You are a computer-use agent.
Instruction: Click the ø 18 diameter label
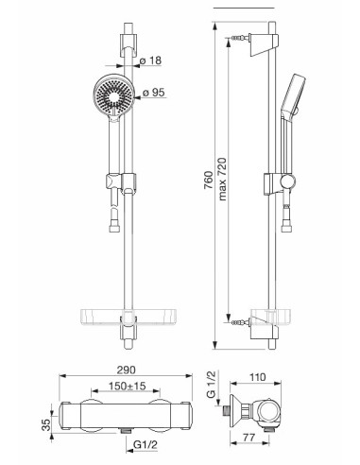[x=150, y=60]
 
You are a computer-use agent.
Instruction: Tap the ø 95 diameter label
[x=153, y=93]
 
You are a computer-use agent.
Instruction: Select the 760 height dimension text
[x=209, y=180]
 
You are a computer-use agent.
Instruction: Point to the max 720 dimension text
[x=222, y=179]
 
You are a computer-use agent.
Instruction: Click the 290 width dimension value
[x=126, y=370]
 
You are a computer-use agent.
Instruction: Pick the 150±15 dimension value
[x=127, y=386]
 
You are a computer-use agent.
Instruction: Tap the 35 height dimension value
[x=46, y=424]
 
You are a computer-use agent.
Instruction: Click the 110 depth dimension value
[x=257, y=377]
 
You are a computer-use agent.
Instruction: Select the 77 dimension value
[x=249, y=438]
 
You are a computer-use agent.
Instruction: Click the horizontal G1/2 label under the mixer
[x=145, y=445]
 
